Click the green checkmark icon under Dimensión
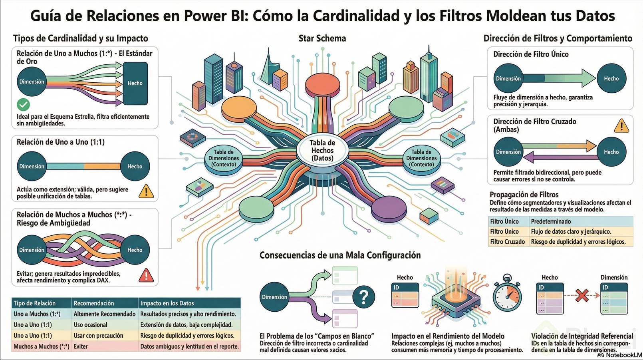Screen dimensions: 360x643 [x=24, y=105]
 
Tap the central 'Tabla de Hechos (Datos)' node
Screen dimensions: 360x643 [x=322, y=151]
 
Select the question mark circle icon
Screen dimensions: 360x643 [x=363, y=296]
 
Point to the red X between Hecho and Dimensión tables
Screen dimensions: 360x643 [x=582, y=296]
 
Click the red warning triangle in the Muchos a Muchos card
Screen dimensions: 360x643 [x=146, y=275]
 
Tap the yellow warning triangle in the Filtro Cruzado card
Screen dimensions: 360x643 [x=621, y=126]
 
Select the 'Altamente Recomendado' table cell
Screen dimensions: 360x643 [x=105, y=314]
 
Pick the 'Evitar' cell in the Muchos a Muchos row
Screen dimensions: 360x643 [x=81, y=346]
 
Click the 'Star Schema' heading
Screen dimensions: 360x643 [x=322, y=38]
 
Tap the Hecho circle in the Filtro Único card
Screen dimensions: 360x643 [x=611, y=79]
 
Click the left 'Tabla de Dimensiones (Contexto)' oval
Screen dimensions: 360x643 [x=224, y=158]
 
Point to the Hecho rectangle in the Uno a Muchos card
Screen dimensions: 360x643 [x=135, y=83]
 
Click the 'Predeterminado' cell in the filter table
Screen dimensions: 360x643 [x=551, y=221]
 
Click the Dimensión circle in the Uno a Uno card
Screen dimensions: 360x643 [x=32, y=166]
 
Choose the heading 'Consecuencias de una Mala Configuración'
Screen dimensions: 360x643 [x=340, y=255]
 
